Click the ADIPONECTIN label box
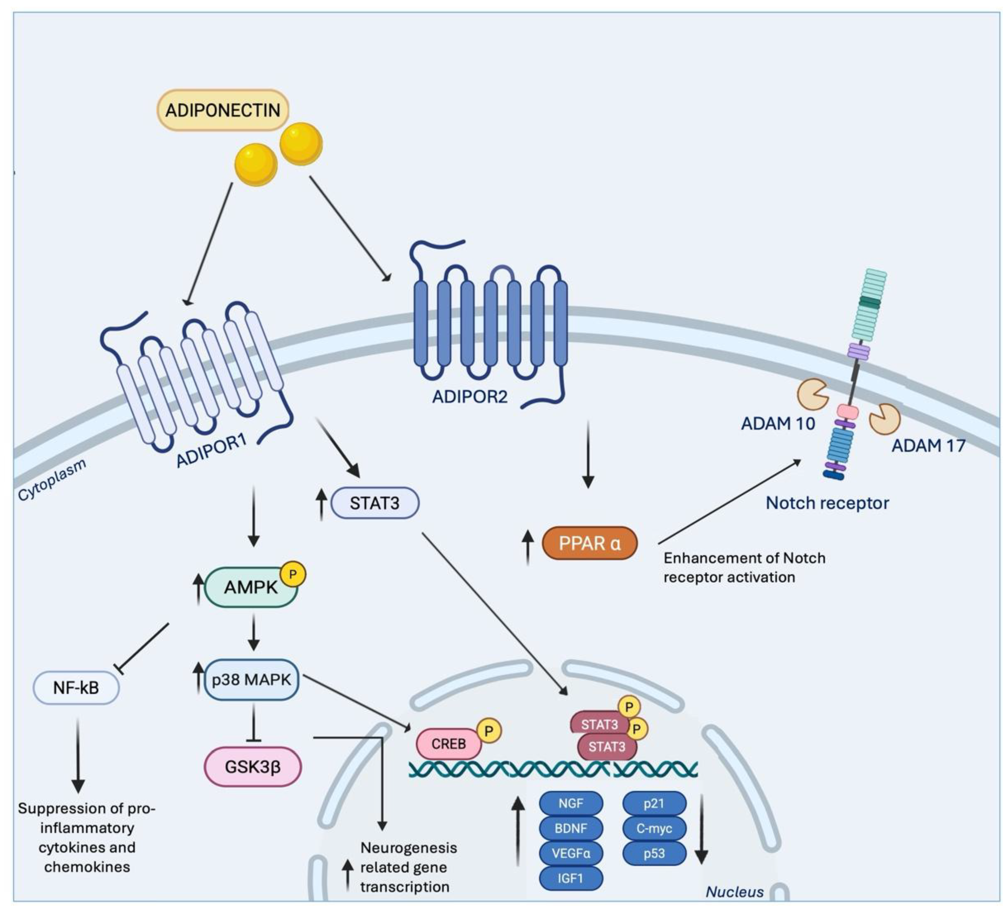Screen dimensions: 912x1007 223,110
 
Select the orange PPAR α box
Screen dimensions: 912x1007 589,543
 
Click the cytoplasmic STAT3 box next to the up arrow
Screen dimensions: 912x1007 375,503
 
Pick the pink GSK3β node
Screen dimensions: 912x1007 253,767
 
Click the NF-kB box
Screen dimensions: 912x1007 76,688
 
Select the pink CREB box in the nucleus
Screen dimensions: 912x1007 448,744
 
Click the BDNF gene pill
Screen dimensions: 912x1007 570,828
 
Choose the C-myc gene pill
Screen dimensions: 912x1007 654,828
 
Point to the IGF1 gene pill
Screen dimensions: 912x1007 570,878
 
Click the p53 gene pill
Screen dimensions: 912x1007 654,853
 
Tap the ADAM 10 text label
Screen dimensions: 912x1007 778,424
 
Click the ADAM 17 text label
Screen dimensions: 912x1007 928,445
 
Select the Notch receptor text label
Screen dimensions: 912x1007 827,503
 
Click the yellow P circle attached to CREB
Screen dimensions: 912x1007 489,731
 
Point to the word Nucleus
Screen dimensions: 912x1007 734,892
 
